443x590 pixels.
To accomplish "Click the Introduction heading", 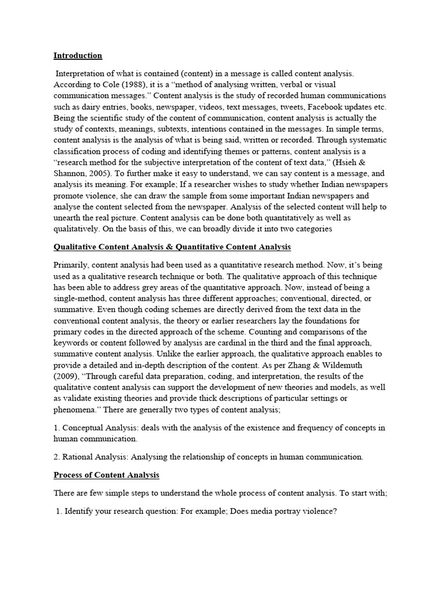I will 78,56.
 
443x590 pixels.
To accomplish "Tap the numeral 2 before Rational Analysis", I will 56,457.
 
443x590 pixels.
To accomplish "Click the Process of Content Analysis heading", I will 106,475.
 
